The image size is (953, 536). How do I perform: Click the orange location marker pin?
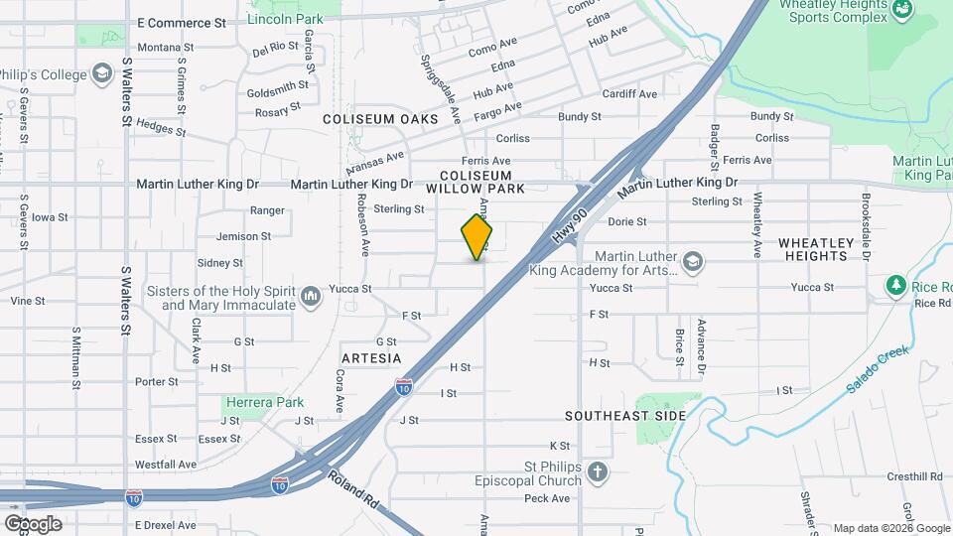pos(476,238)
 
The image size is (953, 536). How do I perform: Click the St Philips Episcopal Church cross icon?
pos(598,470)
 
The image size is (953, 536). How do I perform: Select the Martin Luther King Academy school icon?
pos(693,262)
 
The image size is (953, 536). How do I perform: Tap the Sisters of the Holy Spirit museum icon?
pos(311,294)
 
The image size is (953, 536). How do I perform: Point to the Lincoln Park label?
pos(285,19)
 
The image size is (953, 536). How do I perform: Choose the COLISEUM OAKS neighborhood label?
pos(380,119)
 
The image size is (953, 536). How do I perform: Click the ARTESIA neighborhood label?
pos(371,357)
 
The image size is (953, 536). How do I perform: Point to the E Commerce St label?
pos(182,22)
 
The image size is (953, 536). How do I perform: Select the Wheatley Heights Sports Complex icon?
pos(902,10)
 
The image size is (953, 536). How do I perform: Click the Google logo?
pos(33,523)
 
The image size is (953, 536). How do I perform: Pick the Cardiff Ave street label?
pos(630,94)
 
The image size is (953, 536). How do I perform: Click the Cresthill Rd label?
pos(914,476)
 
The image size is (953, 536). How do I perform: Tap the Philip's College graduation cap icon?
pos(101,73)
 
